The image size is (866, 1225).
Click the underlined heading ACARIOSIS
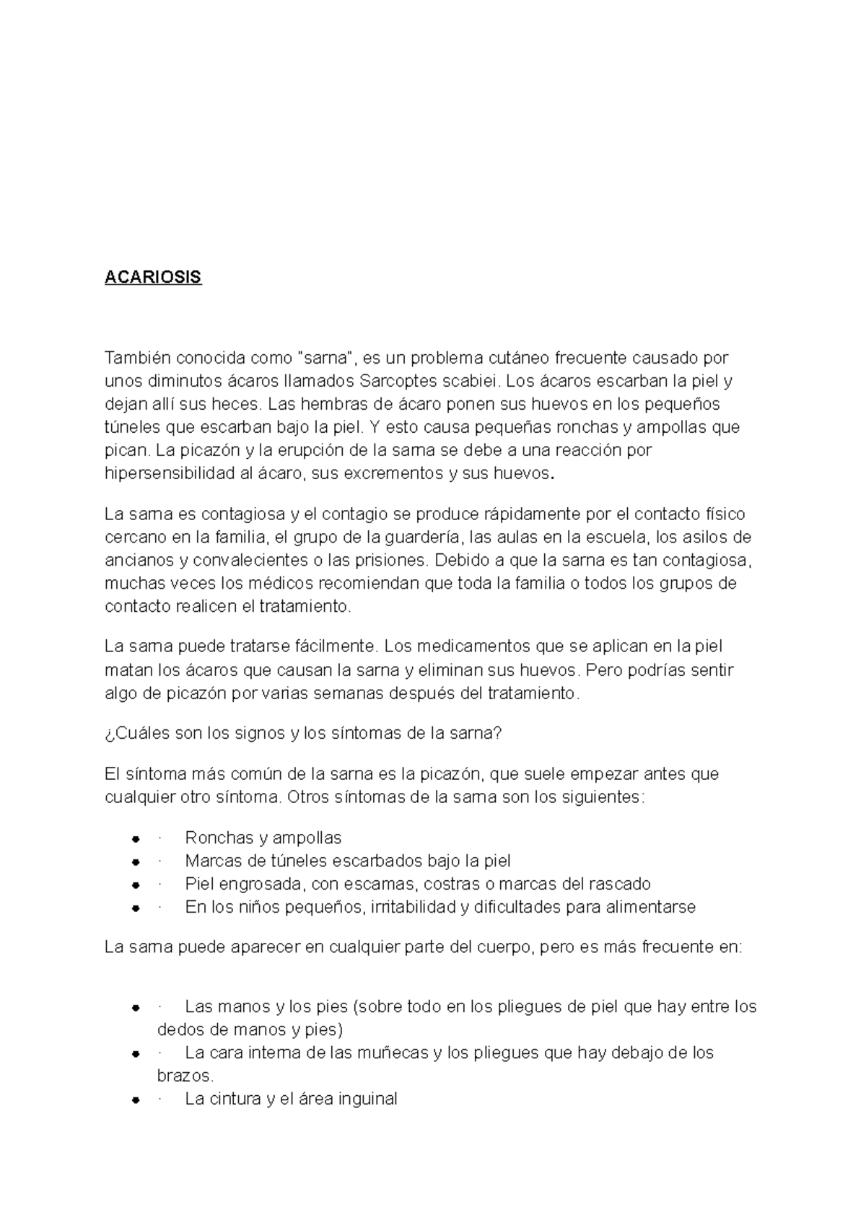coord(153,278)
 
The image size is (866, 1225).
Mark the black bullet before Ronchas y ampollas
coord(135,839)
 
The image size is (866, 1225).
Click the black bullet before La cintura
coord(135,1100)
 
